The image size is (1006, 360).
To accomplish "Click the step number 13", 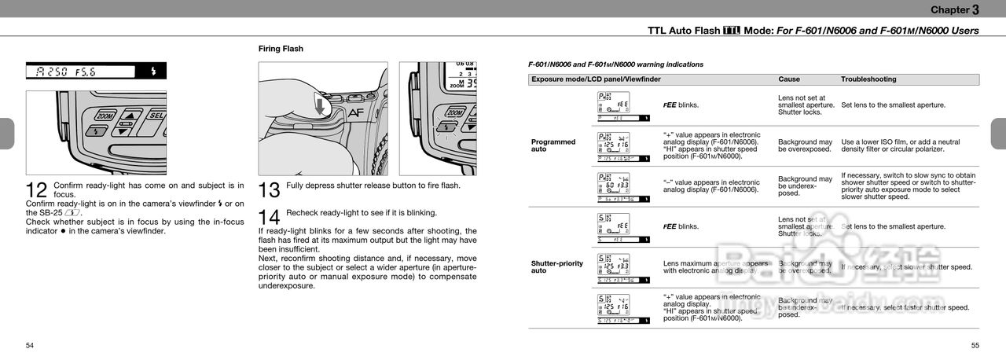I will [270, 190].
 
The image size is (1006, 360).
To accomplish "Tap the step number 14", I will [270, 217].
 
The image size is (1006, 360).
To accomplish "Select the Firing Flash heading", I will [281, 49].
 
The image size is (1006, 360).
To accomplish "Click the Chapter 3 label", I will [955, 9].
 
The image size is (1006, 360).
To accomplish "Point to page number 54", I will [30, 345].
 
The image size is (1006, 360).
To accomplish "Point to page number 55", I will [975, 345].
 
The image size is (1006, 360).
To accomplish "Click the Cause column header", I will [789, 79].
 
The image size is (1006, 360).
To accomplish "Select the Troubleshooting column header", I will [868, 79].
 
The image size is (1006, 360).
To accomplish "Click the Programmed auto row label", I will [553, 145].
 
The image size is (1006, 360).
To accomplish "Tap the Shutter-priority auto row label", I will [557, 267].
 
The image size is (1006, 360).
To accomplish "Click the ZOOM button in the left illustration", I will [105, 116].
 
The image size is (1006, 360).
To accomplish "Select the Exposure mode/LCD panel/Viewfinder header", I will [596, 79].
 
